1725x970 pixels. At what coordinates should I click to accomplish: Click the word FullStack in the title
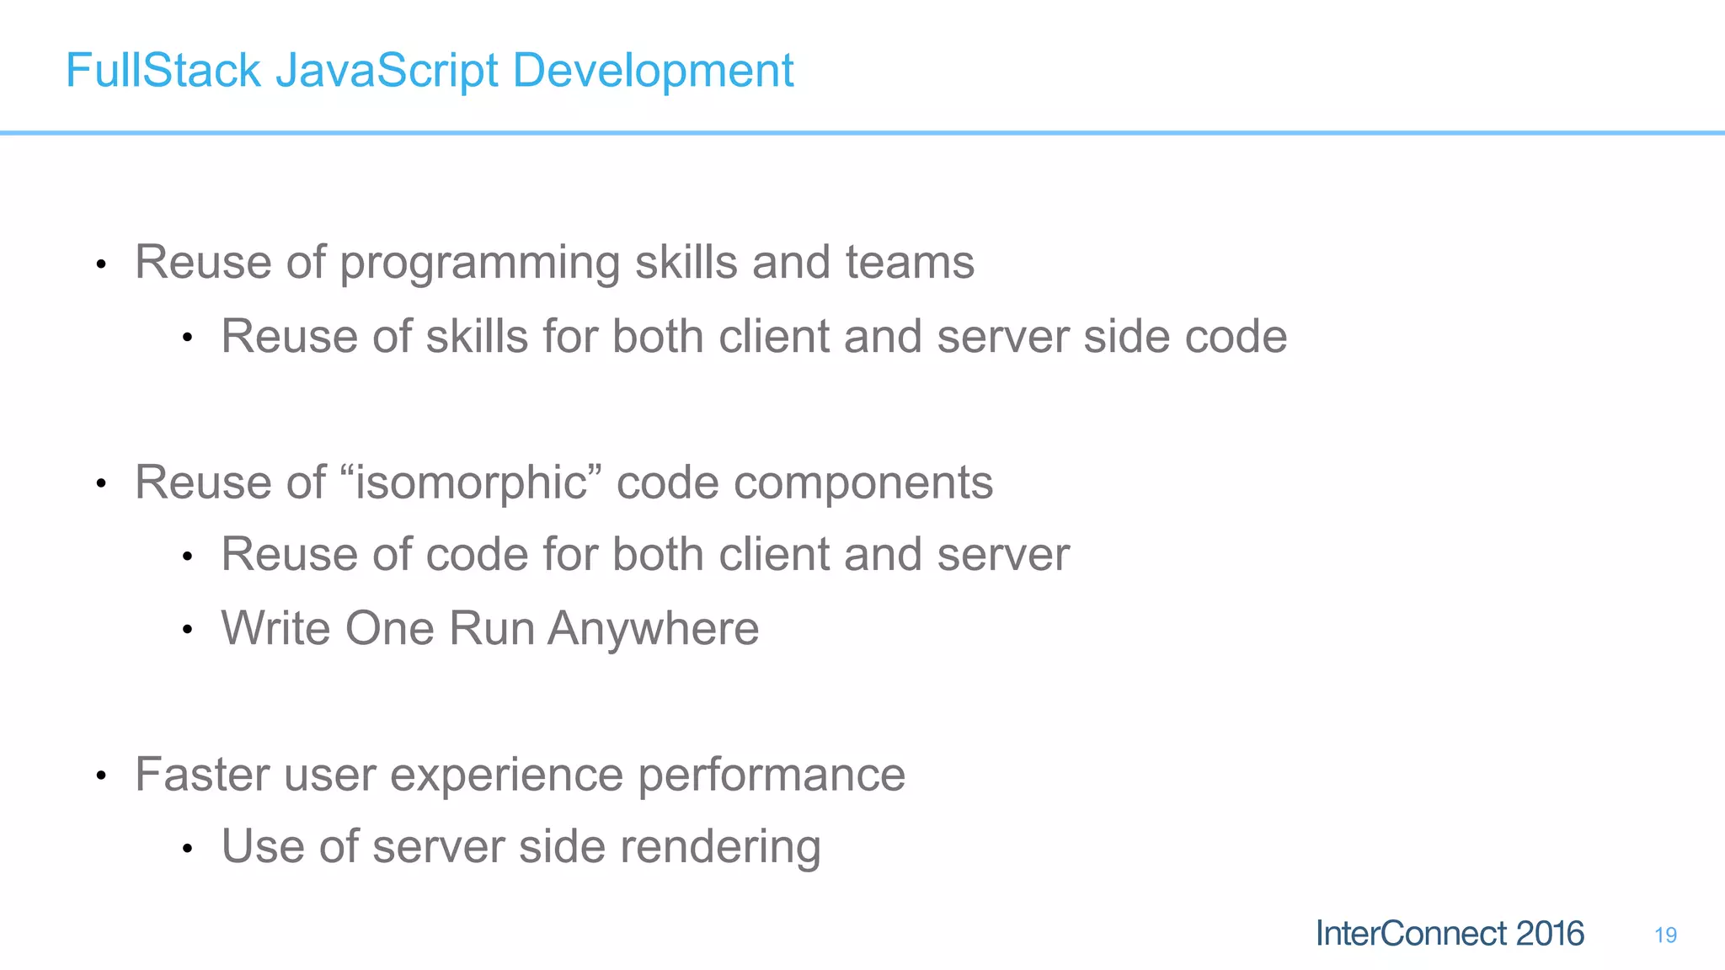click(163, 70)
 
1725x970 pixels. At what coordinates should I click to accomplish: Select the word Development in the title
click(653, 70)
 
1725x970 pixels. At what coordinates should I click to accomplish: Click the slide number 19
click(1665, 935)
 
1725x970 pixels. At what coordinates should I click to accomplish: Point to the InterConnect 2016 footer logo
click(1450, 934)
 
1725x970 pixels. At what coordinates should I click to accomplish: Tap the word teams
click(910, 263)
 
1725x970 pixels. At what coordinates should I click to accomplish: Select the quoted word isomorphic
click(471, 482)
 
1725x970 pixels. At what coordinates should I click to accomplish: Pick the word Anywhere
click(654, 628)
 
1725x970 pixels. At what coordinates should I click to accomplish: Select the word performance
click(772, 775)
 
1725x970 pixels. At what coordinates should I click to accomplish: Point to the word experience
click(506, 775)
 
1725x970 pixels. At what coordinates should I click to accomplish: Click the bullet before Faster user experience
click(101, 775)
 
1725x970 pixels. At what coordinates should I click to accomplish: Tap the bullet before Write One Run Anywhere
click(188, 630)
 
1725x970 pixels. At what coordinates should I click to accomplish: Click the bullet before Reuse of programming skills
click(101, 264)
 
